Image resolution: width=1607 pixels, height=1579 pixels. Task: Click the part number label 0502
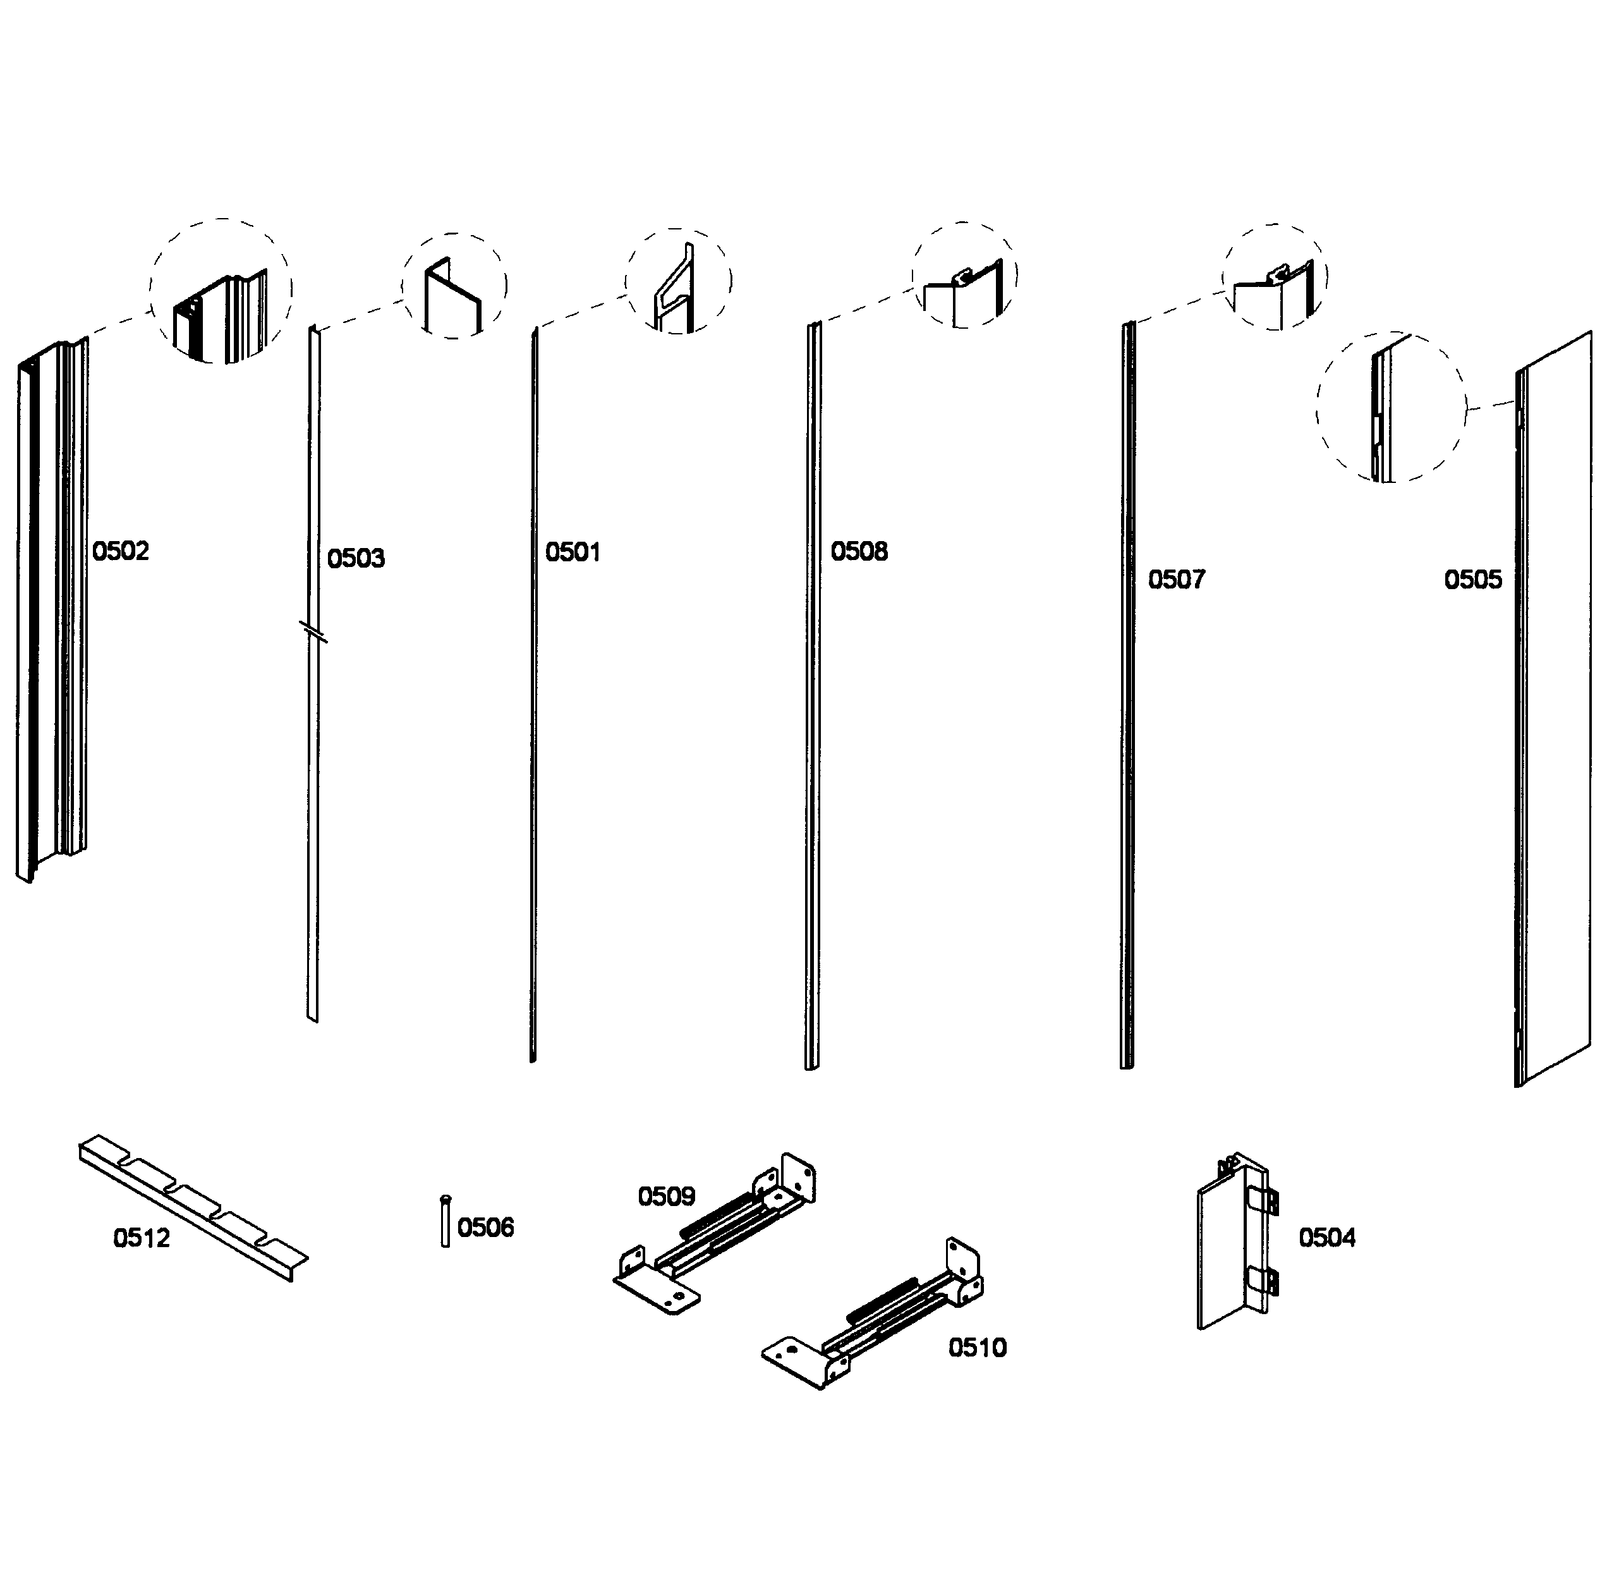pyautogui.click(x=120, y=551)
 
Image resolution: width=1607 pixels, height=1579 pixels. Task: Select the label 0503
pyautogui.click(x=356, y=558)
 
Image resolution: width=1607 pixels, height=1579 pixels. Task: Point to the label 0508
pyautogui.click(x=859, y=551)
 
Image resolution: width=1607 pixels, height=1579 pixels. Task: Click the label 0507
pyautogui.click(x=1176, y=579)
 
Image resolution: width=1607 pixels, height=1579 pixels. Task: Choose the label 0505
pyautogui.click(x=1472, y=579)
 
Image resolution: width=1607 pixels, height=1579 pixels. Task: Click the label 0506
pyautogui.click(x=485, y=1226)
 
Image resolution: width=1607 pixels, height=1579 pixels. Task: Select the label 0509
pyautogui.click(x=666, y=1196)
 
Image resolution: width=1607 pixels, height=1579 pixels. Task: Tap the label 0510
pyautogui.click(x=977, y=1347)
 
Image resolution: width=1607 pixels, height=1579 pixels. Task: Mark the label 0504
pyautogui.click(x=1326, y=1237)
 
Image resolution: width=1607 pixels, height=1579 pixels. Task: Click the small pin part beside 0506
pyautogui.click(x=446, y=1221)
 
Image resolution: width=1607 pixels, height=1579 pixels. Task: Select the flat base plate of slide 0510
pyautogui.click(x=794, y=1360)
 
